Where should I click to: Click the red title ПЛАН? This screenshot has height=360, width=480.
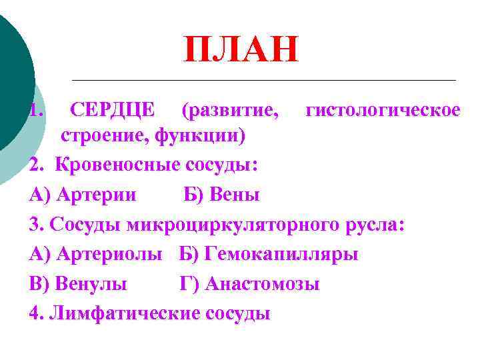(241, 51)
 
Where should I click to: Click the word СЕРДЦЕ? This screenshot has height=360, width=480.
(113, 109)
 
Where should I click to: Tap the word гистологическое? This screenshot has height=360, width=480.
(383, 109)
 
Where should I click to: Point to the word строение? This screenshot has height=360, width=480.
(105, 137)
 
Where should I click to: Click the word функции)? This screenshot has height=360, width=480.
(200, 137)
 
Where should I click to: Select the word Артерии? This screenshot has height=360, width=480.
(97, 195)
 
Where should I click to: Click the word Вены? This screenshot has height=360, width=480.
(234, 195)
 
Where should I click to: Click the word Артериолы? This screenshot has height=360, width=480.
(109, 255)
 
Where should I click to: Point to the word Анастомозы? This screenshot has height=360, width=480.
(263, 285)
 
